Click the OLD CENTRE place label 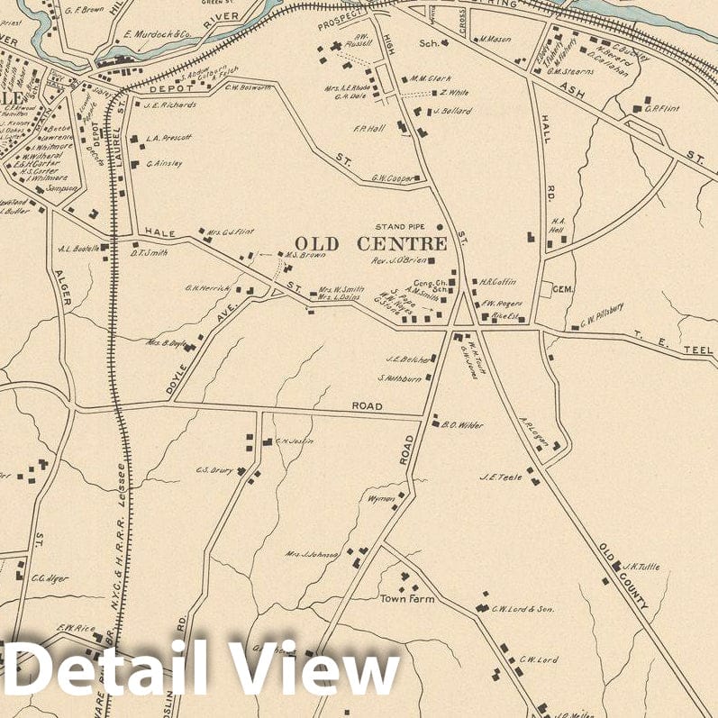[370, 244]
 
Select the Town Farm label [406, 598]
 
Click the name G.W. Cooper [394, 178]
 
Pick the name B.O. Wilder [462, 424]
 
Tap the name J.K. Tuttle [641, 567]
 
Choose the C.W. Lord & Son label [523, 610]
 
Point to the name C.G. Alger [50, 577]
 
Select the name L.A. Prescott [169, 139]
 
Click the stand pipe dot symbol [440, 227]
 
